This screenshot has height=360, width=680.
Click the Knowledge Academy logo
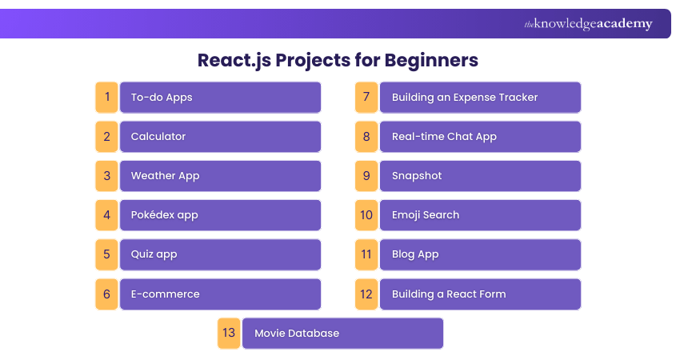588,24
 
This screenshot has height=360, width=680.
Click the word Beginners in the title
431,61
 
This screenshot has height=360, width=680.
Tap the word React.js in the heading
234,61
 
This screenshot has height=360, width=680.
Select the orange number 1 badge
106,97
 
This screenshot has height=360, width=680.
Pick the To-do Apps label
162,98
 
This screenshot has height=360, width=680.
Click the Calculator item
158,137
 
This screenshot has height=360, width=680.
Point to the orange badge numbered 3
106,176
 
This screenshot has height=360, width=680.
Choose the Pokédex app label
164,215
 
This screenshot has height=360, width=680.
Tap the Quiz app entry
154,254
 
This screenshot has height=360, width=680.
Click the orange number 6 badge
106,294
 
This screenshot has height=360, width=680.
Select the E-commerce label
166,294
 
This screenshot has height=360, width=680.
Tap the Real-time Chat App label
444,137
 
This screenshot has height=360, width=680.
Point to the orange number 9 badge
366,176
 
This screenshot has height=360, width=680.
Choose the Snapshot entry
417,176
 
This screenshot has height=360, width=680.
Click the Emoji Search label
426,215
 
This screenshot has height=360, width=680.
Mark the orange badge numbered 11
366,254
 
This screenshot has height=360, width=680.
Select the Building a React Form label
449,294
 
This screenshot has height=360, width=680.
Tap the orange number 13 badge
229,333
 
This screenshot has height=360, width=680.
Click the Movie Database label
297,333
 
